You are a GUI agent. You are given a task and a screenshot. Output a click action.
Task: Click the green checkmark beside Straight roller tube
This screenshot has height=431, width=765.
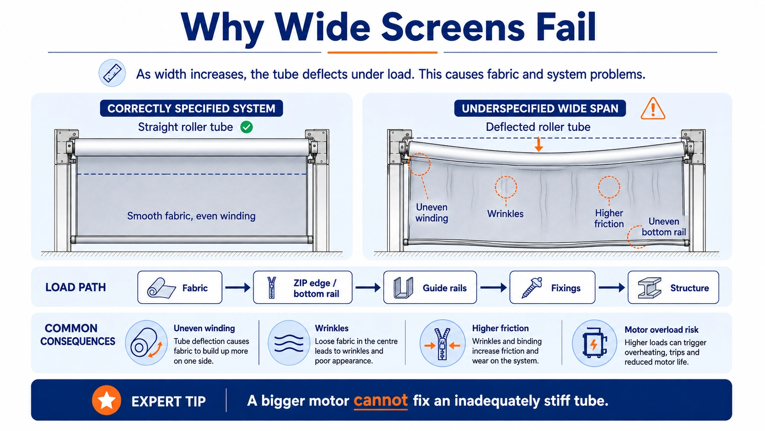coord(246,127)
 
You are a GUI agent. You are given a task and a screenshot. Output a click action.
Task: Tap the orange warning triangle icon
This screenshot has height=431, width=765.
coord(652,109)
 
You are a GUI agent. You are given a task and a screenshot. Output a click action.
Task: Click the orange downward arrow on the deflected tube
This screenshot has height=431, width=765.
coord(539,144)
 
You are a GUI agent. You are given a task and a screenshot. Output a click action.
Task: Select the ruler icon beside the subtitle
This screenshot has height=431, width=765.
coord(112,73)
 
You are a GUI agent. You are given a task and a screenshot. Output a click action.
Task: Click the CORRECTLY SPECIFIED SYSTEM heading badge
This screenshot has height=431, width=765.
coord(191,109)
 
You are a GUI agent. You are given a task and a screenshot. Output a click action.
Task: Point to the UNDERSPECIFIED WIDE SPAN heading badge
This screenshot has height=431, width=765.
coord(540,109)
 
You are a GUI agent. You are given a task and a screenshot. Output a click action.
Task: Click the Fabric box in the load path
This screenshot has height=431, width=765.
coord(180,288)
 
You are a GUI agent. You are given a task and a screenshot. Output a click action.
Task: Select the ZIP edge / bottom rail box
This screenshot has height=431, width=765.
coord(302,288)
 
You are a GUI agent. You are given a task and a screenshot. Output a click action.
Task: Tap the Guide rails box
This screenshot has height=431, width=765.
coord(430,288)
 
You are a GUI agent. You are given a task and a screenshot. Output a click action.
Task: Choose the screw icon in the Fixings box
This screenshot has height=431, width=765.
coord(532,288)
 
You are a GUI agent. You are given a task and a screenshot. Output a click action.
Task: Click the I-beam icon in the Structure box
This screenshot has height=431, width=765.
coord(650,288)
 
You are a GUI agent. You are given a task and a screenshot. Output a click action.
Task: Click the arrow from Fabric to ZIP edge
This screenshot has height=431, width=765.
coord(237,288)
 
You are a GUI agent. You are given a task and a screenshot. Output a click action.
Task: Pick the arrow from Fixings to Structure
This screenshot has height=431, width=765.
coord(612,288)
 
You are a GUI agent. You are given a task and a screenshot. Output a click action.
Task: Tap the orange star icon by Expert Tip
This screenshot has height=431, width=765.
coord(107,400)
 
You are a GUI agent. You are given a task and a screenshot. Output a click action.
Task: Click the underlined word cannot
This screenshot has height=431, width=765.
coord(381,401)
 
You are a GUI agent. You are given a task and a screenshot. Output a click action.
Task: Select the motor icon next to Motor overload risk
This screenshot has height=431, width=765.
coord(594,343)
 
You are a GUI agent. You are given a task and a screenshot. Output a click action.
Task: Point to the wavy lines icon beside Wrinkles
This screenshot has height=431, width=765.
coord(289,343)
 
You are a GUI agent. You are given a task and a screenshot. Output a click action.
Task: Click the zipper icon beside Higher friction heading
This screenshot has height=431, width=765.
coord(442,344)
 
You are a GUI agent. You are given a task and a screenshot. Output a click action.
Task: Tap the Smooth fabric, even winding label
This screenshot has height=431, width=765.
coord(191,216)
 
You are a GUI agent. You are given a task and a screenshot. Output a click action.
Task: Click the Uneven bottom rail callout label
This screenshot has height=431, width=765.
coord(663,227)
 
